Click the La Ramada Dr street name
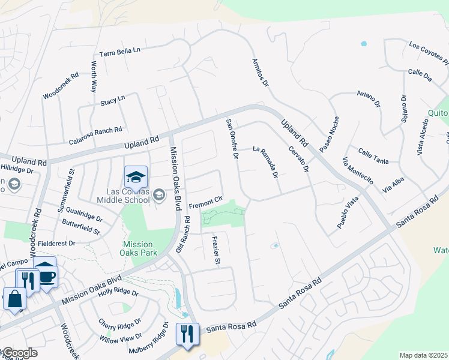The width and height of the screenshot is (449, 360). tap(265, 162)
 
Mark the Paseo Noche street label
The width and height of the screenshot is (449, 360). tap(329, 133)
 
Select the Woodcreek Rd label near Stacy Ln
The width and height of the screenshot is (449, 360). tap(61, 86)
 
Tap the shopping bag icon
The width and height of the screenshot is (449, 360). tap(14, 298)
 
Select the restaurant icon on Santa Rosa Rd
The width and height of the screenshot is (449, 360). tap(187, 334)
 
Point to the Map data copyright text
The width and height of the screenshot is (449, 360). tap(424, 355)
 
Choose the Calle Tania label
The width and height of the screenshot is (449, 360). tap(373, 157)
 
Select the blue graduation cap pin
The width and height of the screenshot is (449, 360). tap(136, 177)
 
